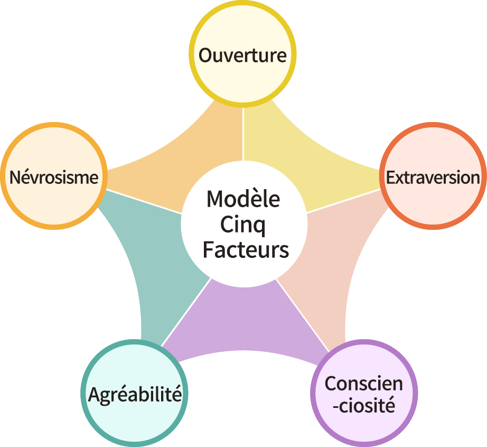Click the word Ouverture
coord(242,55)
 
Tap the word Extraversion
coord(433,178)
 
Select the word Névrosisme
coord(54,178)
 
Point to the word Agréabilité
coord(135,394)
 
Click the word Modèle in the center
coord(244,199)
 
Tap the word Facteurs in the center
coord(246,249)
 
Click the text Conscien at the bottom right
coord(363,384)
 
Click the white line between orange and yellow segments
coord(243,132)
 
